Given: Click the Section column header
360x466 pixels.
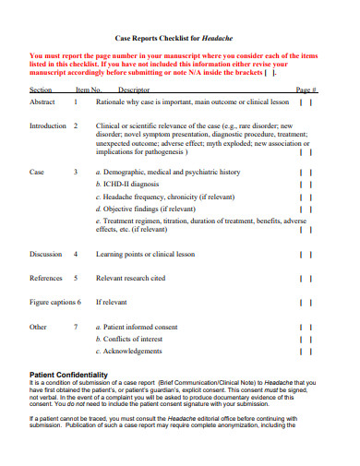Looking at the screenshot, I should click(x=41, y=90).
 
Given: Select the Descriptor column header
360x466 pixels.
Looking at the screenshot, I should click(x=134, y=90).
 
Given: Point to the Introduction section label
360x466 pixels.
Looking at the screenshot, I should click(x=48, y=125).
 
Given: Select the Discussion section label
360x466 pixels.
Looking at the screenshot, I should click(x=46, y=253).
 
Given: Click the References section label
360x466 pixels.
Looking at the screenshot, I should click(x=46, y=277).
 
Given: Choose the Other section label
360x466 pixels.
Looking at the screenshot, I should click(x=38, y=327).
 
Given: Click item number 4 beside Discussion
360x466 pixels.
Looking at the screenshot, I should click(x=75, y=253).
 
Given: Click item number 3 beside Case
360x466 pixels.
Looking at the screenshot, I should click(x=75, y=172).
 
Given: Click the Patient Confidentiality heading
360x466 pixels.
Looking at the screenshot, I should click(x=70, y=374).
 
